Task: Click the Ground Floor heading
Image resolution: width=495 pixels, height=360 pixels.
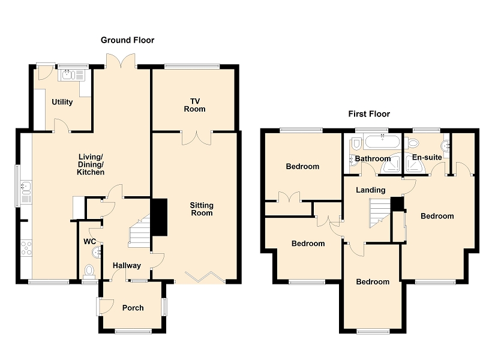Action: tap(128, 40)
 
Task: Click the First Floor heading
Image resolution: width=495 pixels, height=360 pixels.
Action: tap(369, 113)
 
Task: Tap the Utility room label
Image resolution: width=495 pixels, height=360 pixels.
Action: tap(62, 102)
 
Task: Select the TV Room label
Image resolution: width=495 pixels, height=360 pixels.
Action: tap(195, 105)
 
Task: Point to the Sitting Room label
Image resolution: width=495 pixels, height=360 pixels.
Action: tap(202, 209)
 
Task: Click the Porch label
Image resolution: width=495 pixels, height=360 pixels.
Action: tap(133, 308)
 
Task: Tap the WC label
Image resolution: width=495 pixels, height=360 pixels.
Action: tap(89, 242)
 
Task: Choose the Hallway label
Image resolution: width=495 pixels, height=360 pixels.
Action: tap(127, 266)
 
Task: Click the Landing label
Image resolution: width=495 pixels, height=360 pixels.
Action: tap(371, 190)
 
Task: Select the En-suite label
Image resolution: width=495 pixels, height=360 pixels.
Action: tap(427, 157)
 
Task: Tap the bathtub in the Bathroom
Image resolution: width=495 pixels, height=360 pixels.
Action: tap(382, 142)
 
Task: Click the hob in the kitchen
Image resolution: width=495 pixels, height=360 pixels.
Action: tap(26, 248)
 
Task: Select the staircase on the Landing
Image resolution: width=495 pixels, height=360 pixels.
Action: tap(380, 213)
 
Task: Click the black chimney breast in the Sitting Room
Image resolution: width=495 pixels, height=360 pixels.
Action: tap(160, 217)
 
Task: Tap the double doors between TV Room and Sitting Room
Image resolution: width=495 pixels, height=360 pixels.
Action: tap(196, 137)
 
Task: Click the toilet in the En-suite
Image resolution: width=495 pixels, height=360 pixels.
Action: tap(412, 143)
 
